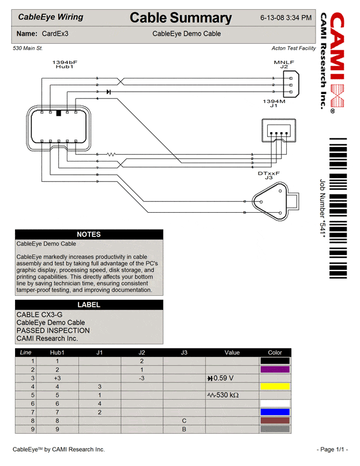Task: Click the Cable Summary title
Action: pos(181,18)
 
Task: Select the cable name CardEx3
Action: pos(55,34)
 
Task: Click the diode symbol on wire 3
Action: pos(108,92)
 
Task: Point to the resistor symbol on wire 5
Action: pos(110,154)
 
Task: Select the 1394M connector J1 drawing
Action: pos(279,131)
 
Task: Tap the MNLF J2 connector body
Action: pos(291,85)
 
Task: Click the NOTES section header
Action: pos(89,235)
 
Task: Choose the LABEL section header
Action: pos(89,305)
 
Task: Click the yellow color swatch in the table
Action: pos(275,386)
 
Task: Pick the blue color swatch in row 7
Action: pos(275,412)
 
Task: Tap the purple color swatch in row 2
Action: pos(275,370)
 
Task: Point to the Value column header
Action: pos(231,352)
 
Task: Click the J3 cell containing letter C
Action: pos(184,421)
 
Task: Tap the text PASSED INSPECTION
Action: pos(53,330)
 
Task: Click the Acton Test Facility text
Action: pos(293,48)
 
